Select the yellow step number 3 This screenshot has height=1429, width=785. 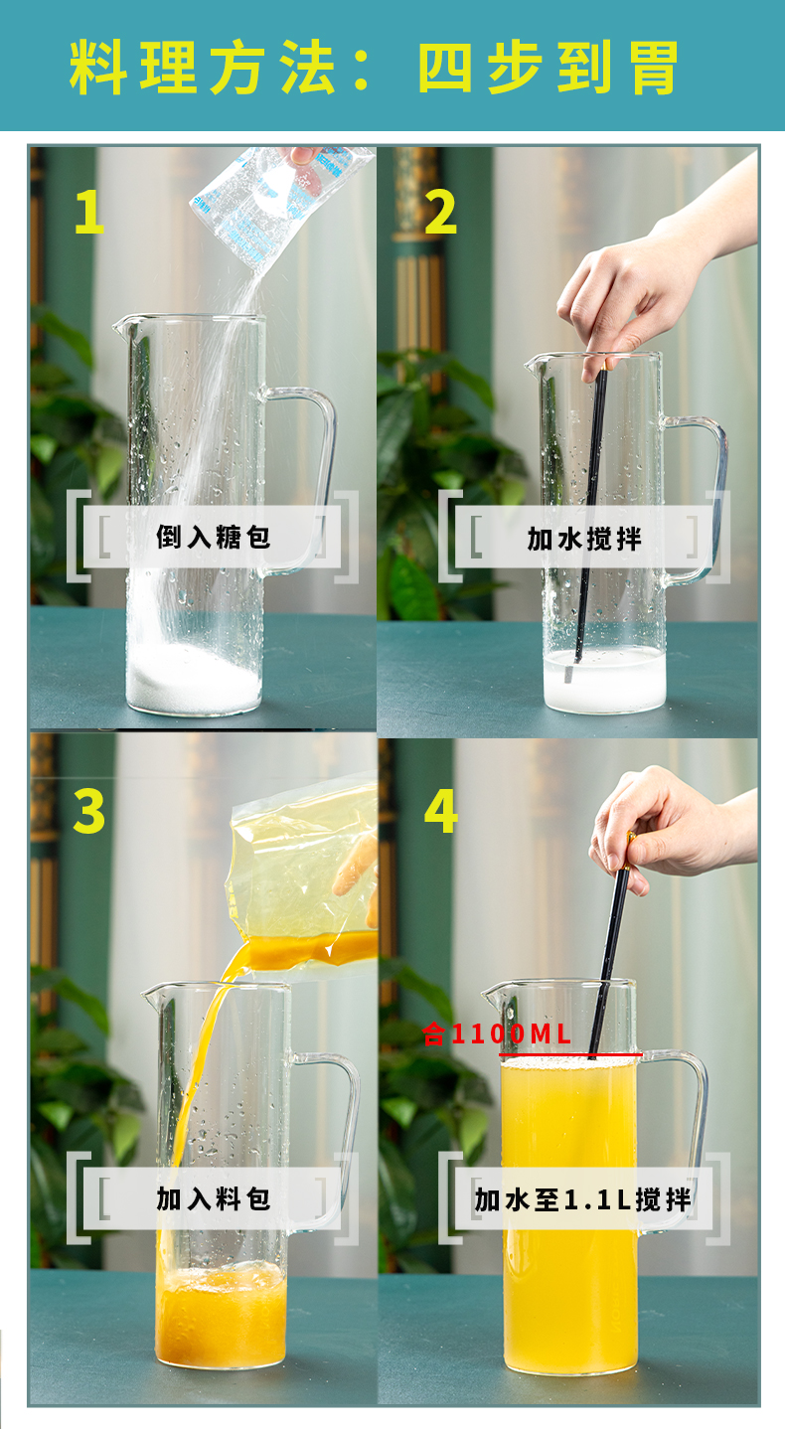89,811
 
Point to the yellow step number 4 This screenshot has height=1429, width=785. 441,811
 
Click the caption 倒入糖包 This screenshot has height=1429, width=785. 214,537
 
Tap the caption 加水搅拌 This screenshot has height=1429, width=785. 584,539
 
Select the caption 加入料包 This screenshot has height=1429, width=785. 214,1198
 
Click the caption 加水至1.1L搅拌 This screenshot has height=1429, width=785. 583,1199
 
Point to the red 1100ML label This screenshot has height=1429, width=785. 497,1034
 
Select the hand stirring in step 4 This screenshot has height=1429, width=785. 673,830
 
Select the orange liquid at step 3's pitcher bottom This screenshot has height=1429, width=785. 221,1317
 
